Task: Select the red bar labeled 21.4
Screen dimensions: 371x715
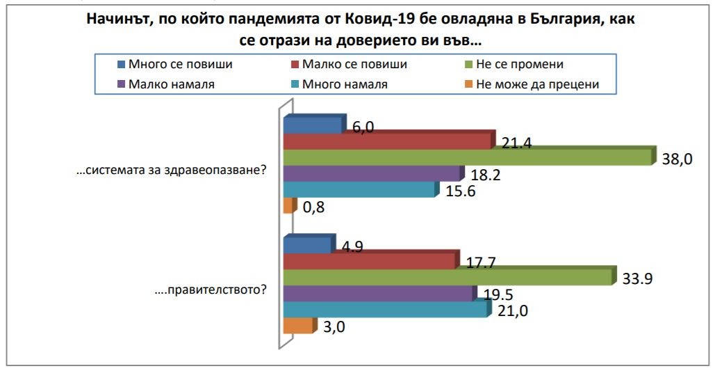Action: coord(389,141)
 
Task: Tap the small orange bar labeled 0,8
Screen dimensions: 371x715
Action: coord(287,206)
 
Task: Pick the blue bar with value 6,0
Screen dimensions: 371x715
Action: coord(313,125)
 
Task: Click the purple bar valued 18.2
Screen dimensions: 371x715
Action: coord(372,174)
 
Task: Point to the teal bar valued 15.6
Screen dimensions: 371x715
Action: coord(360,190)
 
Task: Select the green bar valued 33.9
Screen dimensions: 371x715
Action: coord(448,277)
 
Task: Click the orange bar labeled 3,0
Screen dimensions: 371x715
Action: coord(298,325)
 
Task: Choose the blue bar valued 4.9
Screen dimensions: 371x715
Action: coord(307,245)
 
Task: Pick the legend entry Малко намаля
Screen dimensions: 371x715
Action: coord(171,84)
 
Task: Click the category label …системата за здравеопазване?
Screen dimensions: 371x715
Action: coord(171,169)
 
